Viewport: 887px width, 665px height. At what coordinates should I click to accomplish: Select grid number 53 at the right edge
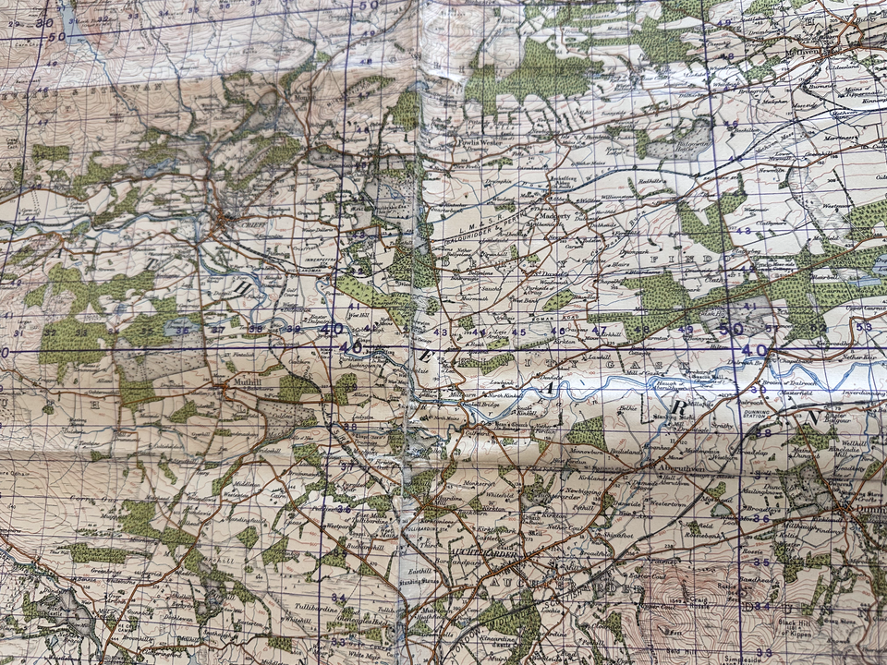[x=865, y=326]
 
